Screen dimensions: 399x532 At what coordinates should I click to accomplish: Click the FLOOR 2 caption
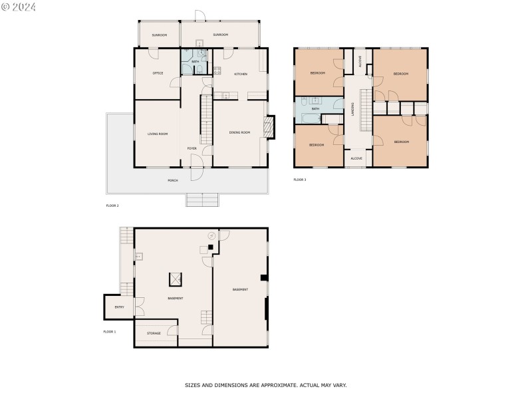tap(112, 205)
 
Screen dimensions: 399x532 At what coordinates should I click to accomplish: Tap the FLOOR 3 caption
tap(300, 180)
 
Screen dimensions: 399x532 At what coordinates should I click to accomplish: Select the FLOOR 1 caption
tap(109, 331)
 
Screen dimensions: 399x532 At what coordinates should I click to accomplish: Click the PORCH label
tap(172, 180)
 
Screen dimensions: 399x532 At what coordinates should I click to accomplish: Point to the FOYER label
tap(192, 148)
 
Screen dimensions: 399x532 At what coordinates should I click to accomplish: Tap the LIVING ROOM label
tap(158, 134)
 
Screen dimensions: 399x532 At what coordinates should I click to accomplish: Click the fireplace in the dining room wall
tap(269, 127)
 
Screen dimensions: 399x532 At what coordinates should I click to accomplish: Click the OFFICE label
tap(158, 73)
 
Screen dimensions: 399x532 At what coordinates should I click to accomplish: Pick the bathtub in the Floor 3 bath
tap(310, 118)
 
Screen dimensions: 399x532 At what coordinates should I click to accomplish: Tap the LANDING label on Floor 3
tap(352, 108)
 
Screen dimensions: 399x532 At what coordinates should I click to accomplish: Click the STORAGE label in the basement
tap(154, 333)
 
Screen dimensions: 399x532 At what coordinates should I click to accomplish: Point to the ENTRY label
tap(119, 307)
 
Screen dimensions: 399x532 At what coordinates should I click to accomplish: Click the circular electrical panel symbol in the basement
tap(212, 235)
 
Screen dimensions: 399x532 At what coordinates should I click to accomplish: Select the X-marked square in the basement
tap(176, 279)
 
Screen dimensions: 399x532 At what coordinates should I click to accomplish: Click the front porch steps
tap(201, 200)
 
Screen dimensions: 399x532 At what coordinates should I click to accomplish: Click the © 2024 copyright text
tap(19, 7)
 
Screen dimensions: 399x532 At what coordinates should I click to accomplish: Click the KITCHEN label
tap(241, 74)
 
